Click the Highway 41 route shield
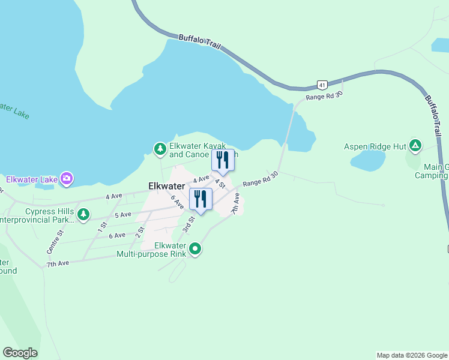[323, 85]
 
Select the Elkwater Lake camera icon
[67, 179]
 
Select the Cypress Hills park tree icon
[83, 214]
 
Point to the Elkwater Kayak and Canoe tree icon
[160, 148]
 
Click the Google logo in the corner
[20, 353]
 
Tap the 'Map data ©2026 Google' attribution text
[412, 355]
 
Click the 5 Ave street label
[122, 214]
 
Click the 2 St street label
[141, 230]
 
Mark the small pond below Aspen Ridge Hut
[367, 160]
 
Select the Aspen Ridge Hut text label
[376, 146]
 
